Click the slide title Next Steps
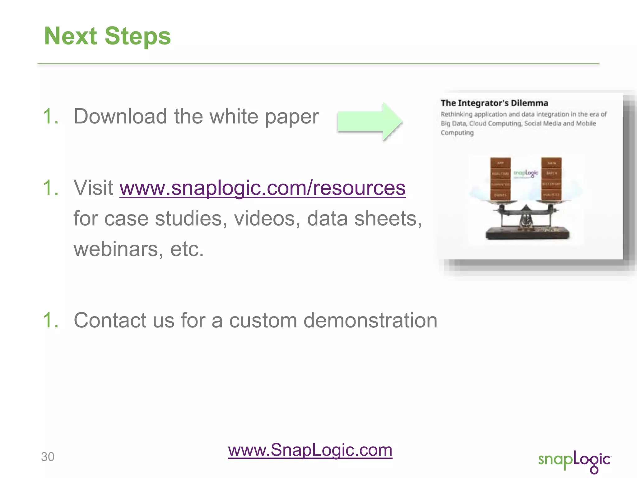tap(107, 36)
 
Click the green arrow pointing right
tap(370, 122)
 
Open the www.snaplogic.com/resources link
tap(262, 188)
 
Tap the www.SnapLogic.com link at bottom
tap(310, 450)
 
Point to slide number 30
tap(48, 457)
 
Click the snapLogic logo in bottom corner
tap(574, 461)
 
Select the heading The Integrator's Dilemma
tap(494, 103)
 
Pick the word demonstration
tap(370, 321)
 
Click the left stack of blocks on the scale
tap(500, 179)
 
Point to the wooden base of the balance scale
tap(528, 233)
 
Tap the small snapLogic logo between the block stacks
tap(526, 173)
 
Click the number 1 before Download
tap(50, 117)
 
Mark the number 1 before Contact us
tap(50, 321)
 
